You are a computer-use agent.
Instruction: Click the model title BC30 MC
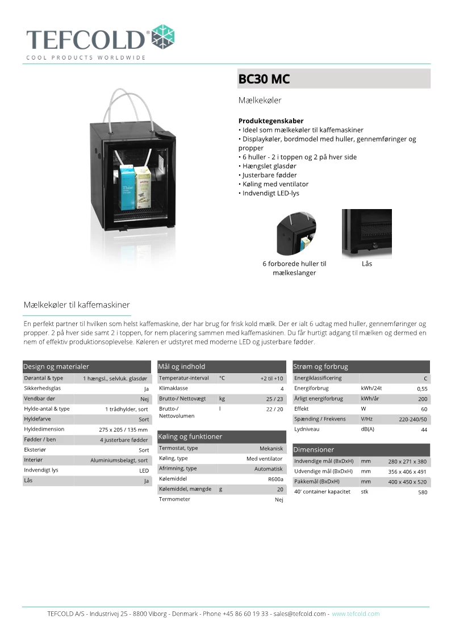(x=264, y=79)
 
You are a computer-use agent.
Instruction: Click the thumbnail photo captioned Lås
(x=366, y=233)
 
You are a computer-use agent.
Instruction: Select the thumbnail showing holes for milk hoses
(x=295, y=233)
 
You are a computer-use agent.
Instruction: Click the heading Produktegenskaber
(x=271, y=121)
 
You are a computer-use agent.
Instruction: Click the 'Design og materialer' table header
(x=56, y=366)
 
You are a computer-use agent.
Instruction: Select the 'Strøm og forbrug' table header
(x=321, y=366)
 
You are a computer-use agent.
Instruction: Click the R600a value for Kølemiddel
(x=275, y=479)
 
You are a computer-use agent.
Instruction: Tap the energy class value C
(x=425, y=378)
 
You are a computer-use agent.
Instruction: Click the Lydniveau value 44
(x=424, y=430)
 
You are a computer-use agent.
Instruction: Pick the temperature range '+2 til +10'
(x=272, y=378)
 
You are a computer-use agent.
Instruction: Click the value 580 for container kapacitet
(x=422, y=492)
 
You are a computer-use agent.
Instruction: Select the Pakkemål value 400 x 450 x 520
(x=407, y=482)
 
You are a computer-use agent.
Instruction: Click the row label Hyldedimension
(x=44, y=429)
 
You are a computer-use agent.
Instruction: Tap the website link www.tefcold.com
(x=356, y=614)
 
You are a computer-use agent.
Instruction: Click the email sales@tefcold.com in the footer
(x=299, y=614)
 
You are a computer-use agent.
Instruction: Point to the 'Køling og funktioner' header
(x=190, y=436)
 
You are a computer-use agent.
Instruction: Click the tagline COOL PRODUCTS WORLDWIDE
(x=86, y=57)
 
